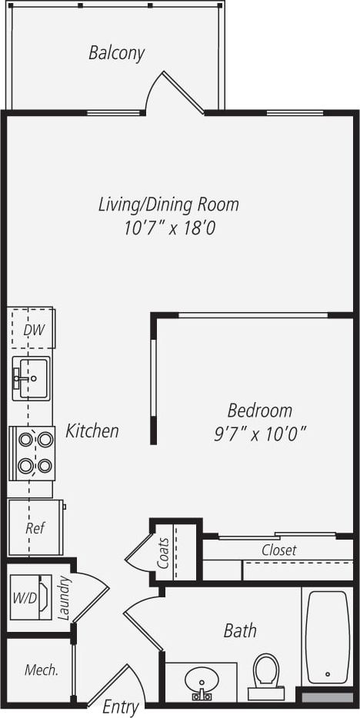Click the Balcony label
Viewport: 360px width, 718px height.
click(x=116, y=53)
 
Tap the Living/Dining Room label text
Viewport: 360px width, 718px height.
click(x=168, y=204)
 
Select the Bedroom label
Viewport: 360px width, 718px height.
click(x=259, y=410)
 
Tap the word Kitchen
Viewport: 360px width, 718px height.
click(x=92, y=430)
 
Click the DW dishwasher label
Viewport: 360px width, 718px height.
click(x=32, y=331)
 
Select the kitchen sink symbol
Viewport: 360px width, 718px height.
click(x=31, y=377)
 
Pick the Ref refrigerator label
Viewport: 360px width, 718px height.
click(x=34, y=528)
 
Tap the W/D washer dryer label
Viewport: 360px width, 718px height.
click(x=22, y=597)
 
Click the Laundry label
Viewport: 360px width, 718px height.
click(x=64, y=598)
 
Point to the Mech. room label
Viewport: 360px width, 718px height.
click(x=42, y=670)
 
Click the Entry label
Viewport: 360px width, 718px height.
click(x=120, y=706)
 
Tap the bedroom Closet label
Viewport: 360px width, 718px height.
click(x=278, y=550)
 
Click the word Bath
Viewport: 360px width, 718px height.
click(x=240, y=631)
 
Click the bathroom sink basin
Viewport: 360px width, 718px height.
click(x=202, y=680)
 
